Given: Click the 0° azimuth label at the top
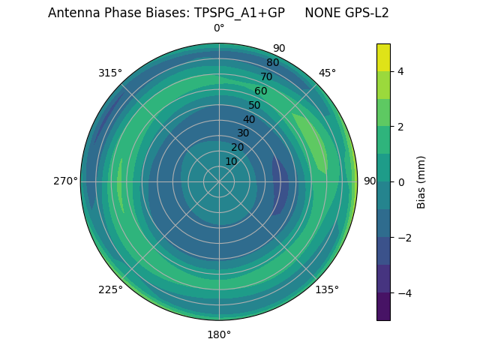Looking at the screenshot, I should pos(219,28).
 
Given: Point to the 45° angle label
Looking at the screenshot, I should pos(327,73).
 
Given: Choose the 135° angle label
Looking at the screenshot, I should pos(327,289).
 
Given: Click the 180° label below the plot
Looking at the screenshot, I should pos(219,334).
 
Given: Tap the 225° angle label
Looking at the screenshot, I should pos(110,289).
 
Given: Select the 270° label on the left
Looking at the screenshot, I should pos(65,181).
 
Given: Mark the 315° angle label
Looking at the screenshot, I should pos(110,73).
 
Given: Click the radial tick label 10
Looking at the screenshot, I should pos(231,161).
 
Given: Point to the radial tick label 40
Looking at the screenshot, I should pos(249,119).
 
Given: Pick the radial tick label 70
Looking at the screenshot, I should pos(266,76).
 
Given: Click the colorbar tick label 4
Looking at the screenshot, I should pos(400,71).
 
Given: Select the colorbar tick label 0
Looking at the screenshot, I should pos(400,182).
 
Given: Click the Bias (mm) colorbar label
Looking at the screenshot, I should pos(421,182).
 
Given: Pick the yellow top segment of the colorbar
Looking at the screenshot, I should pos(383,57).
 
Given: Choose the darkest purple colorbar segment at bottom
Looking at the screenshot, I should pos(383,307).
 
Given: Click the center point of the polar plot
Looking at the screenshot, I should pos(219,181).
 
